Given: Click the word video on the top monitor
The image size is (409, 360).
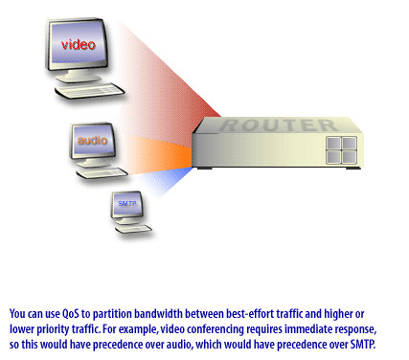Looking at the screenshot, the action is click(78, 45).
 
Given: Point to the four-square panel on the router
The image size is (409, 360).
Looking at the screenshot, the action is click(341, 151).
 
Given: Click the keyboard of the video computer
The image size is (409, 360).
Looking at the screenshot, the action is click(90, 94).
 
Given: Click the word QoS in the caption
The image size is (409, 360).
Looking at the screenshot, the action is click(70, 313).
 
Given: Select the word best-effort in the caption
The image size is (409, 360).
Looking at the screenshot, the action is click(242, 313).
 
